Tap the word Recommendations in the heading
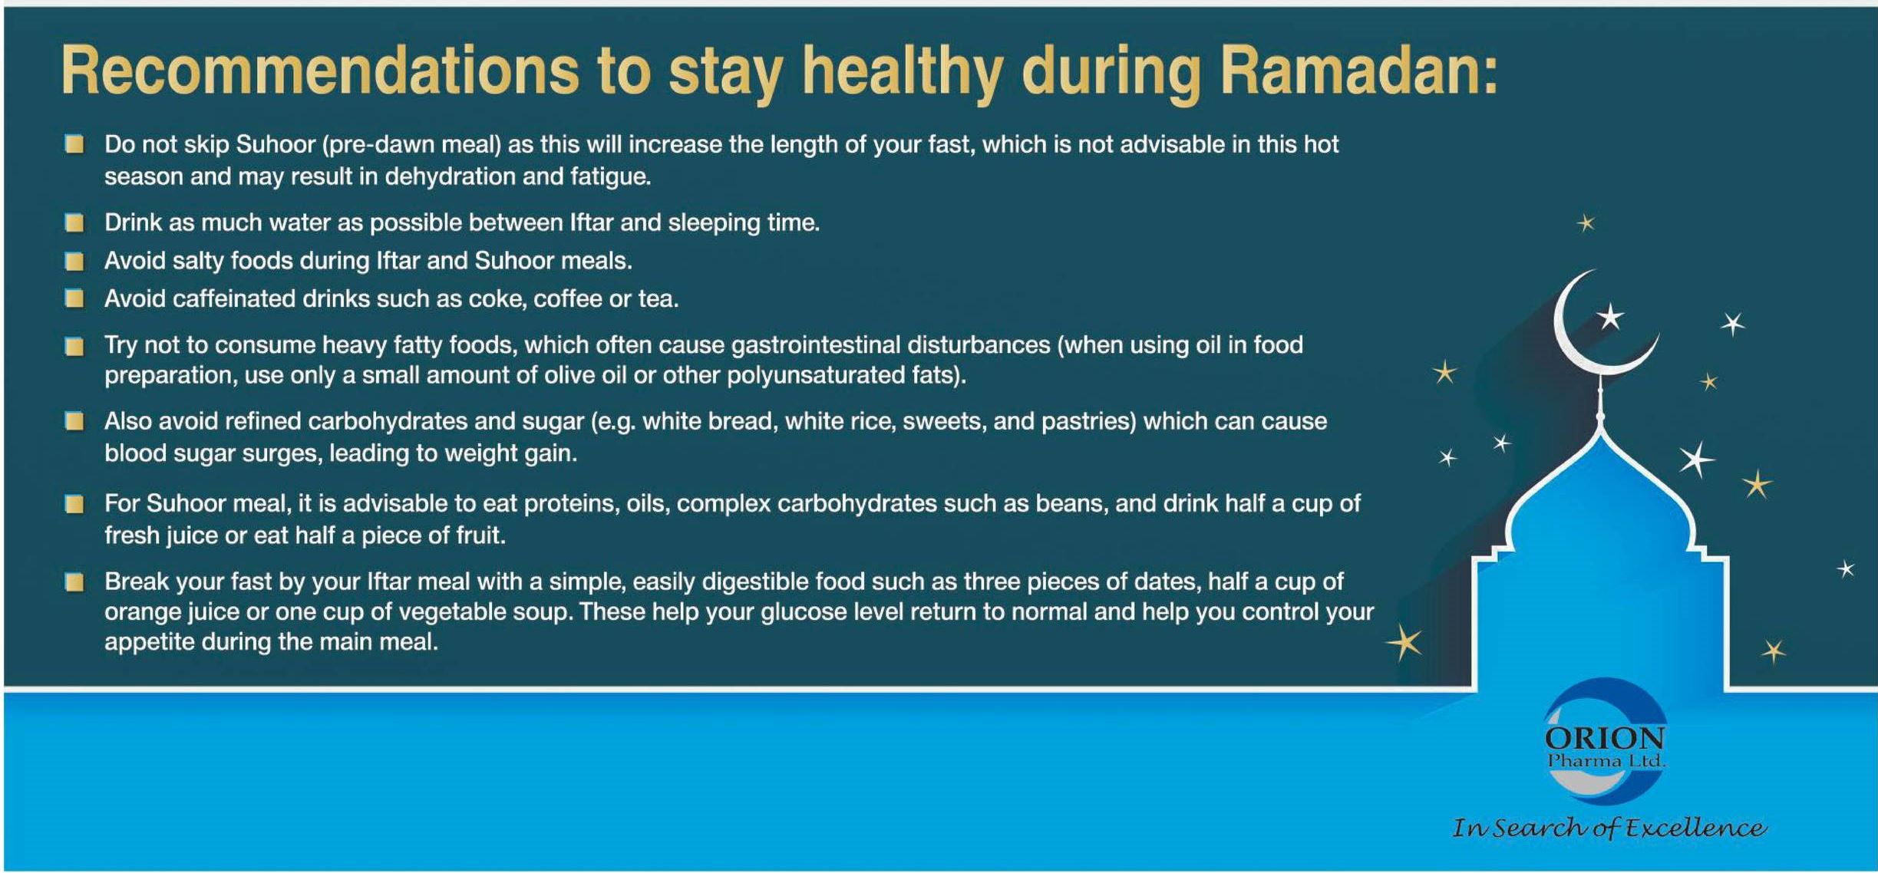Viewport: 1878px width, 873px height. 319,71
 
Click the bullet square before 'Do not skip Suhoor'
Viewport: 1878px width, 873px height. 74,144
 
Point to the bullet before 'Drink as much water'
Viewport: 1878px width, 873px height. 74,222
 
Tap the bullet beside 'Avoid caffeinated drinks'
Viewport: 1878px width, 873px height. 74,298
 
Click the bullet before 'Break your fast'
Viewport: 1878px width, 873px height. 74,582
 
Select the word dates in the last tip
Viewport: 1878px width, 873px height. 1163,581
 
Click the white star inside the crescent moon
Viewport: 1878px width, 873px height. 1610,317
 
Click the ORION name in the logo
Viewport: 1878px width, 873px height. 1605,739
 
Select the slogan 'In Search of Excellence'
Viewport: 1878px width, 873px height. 1609,828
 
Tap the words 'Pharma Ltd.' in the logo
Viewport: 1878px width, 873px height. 1606,761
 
